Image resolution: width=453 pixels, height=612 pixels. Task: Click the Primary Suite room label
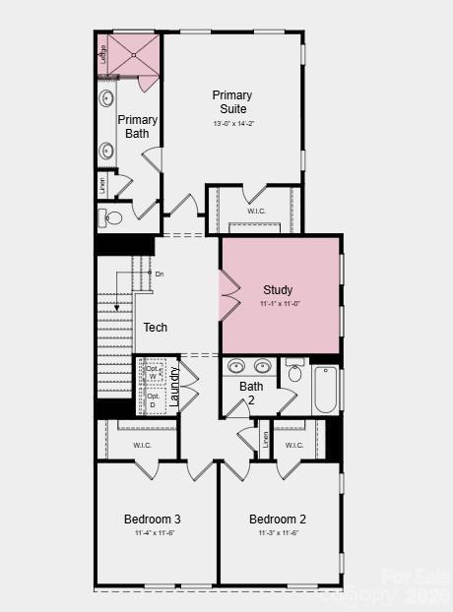(x=233, y=101)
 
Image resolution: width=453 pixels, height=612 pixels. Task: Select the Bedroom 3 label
(x=152, y=519)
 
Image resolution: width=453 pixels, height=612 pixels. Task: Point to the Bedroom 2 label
(x=278, y=519)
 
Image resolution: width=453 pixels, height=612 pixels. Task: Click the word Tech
(x=156, y=328)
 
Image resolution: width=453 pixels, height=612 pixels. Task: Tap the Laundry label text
(x=174, y=387)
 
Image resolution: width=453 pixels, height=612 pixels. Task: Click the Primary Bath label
(x=138, y=126)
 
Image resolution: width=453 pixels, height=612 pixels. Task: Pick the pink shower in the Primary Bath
(x=132, y=55)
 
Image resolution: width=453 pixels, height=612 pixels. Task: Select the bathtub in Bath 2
(x=325, y=390)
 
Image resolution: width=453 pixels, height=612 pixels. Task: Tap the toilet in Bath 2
(x=295, y=373)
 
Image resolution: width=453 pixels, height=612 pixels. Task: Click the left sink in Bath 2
(x=236, y=367)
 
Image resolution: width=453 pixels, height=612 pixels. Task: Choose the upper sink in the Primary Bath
(x=106, y=98)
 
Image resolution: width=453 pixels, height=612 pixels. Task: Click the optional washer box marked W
(x=153, y=376)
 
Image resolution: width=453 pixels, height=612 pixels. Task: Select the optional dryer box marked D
(x=153, y=401)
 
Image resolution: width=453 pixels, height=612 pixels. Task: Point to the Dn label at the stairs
(x=160, y=274)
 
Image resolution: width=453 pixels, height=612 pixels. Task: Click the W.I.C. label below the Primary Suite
(x=257, y=211)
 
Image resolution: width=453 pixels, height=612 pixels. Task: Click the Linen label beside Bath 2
(x=265, y=439)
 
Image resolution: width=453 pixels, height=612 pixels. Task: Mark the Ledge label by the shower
(x=103, y=55)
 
